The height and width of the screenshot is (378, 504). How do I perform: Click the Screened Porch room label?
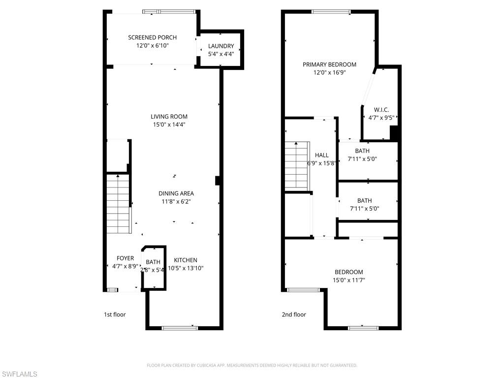pos(152,37)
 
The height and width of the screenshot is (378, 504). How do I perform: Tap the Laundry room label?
pos(221,46)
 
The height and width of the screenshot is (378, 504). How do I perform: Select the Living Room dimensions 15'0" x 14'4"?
pos(169,125)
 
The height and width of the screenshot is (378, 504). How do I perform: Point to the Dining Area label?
pos(176,193)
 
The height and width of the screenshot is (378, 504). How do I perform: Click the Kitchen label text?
pos(186,260)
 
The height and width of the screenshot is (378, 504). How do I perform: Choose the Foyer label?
pos(125,258)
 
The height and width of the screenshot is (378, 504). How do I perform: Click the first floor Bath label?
pos(153,262)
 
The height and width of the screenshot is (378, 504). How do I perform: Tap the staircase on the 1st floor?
pos(118,204)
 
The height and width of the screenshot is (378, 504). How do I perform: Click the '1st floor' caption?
pos(115,315)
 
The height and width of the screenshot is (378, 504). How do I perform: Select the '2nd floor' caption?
pos(294,315)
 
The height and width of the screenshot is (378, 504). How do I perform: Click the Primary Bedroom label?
pos(329,64)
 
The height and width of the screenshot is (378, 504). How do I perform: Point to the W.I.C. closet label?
pos(381,110)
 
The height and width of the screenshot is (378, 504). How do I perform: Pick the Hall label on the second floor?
pos(322,155)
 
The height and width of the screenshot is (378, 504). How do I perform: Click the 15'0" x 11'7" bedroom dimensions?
pos(349,280)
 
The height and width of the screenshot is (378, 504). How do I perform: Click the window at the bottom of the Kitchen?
pos(180,328)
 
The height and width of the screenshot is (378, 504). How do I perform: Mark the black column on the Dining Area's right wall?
pos(218,181)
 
